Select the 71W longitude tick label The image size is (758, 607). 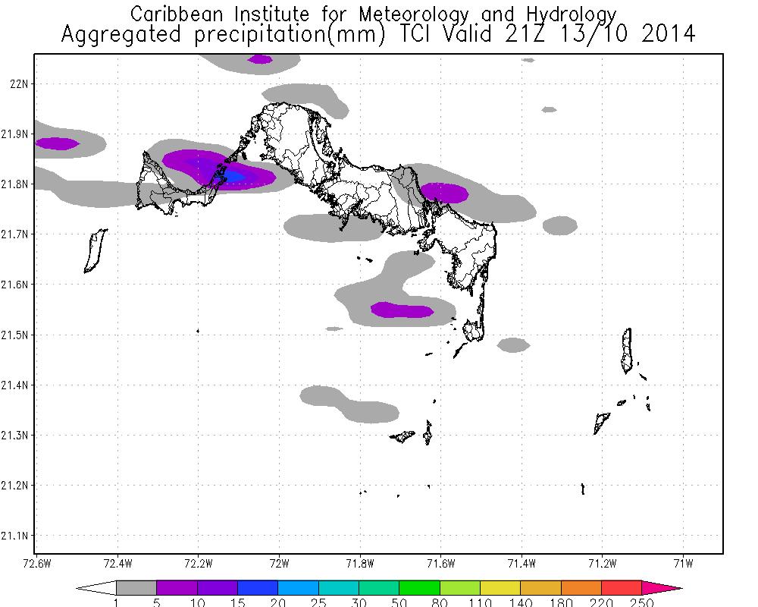click(684, 563)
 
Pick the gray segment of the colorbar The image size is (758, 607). click(136, 588)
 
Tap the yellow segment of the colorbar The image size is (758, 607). click(501, 588)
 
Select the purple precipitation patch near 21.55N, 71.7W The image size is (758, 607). click(402, 310)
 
